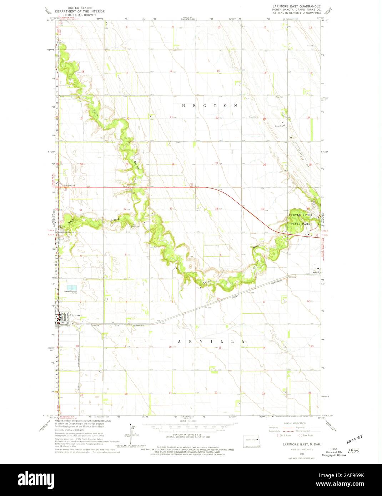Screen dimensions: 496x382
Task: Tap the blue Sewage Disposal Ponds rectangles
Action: tap(72, 287)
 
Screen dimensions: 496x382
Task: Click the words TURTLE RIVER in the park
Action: tap(300, 215)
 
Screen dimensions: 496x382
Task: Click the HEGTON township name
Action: tap(210, 106)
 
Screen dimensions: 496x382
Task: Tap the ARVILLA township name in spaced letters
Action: tap(211, 341)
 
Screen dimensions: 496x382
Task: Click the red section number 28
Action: tap(172, 165)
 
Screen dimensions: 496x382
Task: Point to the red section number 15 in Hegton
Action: tap(218, 71)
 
